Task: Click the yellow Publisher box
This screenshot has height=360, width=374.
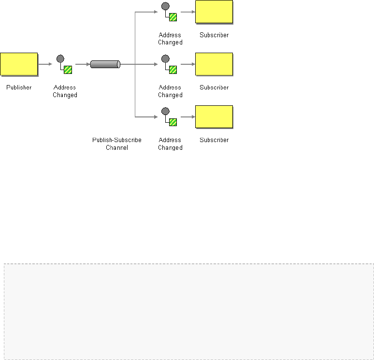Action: pyautogui.click(x=19, y=64)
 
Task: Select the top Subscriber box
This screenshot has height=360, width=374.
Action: pyautogui.click(x=214, y=12)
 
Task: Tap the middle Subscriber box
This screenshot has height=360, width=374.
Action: pyautogui.click(x=214, y=64)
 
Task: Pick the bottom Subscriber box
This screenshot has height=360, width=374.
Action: pyautogui.click(x=214, y=117)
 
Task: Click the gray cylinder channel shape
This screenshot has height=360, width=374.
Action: pyautogui.click(x=105, y=64)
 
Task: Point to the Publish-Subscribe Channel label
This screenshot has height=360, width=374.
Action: pyautogui.click(x=117, y=144)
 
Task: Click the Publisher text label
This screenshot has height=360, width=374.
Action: pyautogui.click(x=19, y=87)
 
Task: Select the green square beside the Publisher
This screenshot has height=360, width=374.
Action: pyautogui.click(x=68, y=70)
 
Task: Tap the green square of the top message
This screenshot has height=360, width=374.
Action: pyautogui.click(x=173, y=17)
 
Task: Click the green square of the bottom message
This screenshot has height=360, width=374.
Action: pyautogui.click(x=173, y=122)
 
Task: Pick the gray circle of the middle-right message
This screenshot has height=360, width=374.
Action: pyautogui.click(x=165, y=58)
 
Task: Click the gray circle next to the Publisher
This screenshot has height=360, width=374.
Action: pyautogui.click(x=60, y=58)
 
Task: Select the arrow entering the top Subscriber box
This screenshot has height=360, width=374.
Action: pyautogui.click(x=187, y=12)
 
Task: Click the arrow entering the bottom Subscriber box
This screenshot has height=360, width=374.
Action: pyautogui.click(x=187, y=116)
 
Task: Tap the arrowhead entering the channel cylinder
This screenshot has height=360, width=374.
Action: pyautogui.click(x=88, y=64)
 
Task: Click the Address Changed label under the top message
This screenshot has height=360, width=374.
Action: pyautogui.click(x=170, y=39)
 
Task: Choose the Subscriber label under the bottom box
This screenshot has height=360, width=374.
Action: pyautogui.click(x=214, y=140)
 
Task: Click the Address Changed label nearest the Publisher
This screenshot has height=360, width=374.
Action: pyautogui.click(x=65, y=91)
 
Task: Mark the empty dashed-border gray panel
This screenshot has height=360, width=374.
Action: pyautogui.click(x=188, y=311)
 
